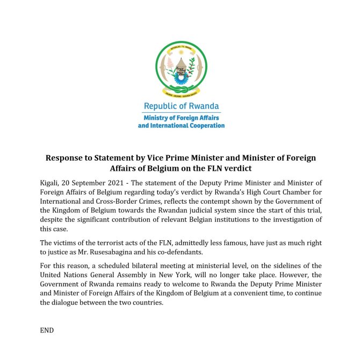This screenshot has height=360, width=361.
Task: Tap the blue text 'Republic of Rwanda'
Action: [x=181, y=106]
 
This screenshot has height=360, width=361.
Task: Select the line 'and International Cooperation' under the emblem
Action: [x=181, y=125]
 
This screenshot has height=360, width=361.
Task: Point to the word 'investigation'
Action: [x=294, y=219]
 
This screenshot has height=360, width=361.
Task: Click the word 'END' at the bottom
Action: [x=47, y=330]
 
